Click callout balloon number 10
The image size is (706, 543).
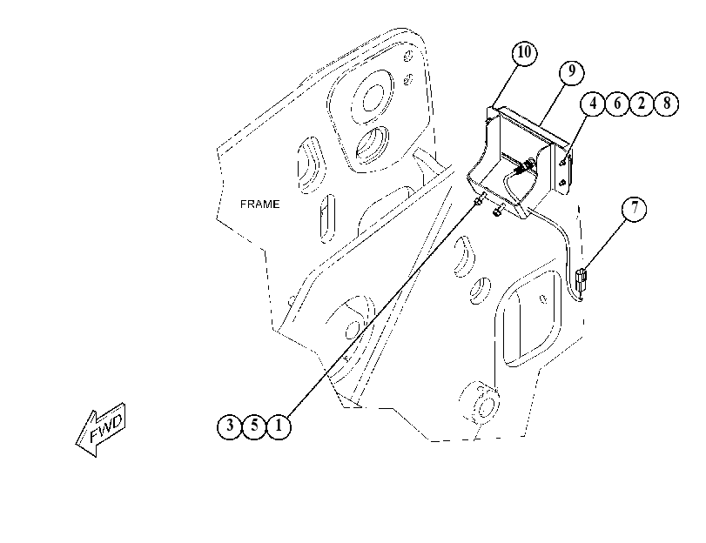[x=525, y=53]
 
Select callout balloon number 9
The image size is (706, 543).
[x=572, y=71]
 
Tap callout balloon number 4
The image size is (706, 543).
[x=593, y=104]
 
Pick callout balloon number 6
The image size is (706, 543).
[x=617, y=104]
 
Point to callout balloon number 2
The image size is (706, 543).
[x=642, y=104]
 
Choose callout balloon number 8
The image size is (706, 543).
[x=666, y=104]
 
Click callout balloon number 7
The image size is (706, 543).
[x=635, y=209]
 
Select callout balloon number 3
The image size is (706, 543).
[x=230, y=426]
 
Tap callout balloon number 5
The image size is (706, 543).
[x=254, y=426]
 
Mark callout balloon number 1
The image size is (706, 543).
[x=279, y=426]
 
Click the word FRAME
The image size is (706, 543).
[x=259, y=204]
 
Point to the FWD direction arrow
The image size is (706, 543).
[x=101, y=429]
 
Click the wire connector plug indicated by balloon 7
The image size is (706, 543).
[x=582, y=279]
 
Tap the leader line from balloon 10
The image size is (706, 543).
[x=504, y=85]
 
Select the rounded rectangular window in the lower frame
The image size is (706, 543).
[x=531, y=319]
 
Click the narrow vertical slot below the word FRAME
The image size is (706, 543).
[x=328, y=218]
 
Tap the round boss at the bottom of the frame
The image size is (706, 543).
[x=484, y=406]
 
